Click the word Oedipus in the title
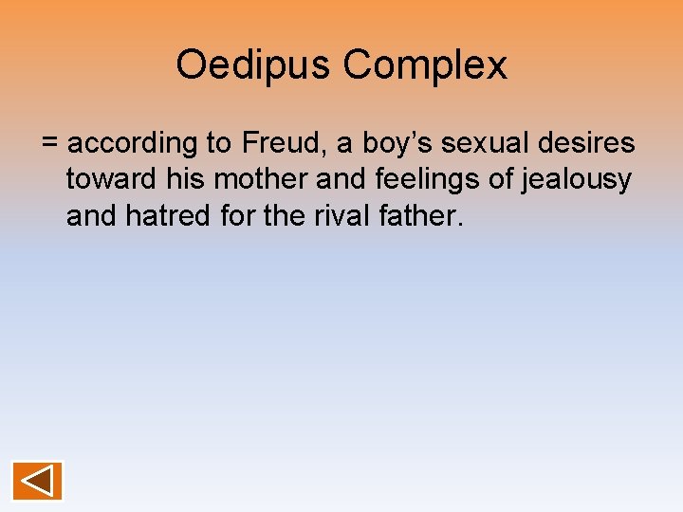point(253,65)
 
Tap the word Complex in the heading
point(425,65)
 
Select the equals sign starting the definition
point(50,144)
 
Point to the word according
point(132,144)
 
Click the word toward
point(109,180)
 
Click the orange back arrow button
point(38,481)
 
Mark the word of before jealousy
point(513,180)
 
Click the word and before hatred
point(92,216)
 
